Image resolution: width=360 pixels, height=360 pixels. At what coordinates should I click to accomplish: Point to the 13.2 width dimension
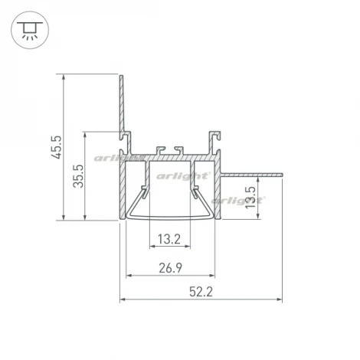tap(169, 239)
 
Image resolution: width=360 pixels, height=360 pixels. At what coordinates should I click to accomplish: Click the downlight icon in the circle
tap(28, 28)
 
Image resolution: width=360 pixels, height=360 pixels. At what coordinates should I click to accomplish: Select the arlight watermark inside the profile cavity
tap(184, 176)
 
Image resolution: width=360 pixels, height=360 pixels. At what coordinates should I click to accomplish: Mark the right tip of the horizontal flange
tap(282, 173)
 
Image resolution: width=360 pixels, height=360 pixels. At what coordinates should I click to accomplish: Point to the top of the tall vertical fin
tap(120, 76)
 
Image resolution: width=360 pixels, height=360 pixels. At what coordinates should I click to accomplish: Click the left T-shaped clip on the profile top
tap(160, 147)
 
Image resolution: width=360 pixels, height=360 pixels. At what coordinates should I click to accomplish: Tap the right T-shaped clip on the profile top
tap(178, 147)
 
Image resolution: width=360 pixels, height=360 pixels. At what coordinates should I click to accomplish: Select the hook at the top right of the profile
tap(214, 136)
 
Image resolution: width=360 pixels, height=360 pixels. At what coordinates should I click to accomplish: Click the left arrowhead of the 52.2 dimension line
tap(123, 299)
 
